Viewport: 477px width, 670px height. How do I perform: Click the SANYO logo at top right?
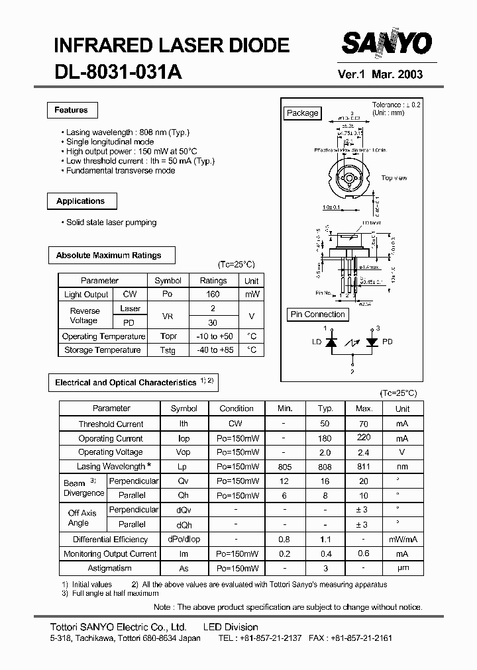tap(386, 44)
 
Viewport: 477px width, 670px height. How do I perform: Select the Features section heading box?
tap(72, 110)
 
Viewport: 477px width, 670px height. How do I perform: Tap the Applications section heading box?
tap(81, 201)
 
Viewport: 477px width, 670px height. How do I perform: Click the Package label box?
tap(302, 113)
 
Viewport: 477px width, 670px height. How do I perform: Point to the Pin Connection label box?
tap(318, 314)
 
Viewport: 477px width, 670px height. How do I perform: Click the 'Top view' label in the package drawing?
tap(394, 178)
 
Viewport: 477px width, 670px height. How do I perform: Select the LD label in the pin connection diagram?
tap(317, 342)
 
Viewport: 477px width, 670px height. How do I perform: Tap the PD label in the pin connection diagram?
tap(388, 342)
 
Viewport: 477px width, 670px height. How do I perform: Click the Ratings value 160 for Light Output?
tap(213, 295)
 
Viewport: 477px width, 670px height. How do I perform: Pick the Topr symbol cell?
tap(168, 336)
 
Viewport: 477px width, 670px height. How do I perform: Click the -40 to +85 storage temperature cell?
tap(213, 350)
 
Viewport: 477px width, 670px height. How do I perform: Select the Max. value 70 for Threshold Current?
tap(364, 424)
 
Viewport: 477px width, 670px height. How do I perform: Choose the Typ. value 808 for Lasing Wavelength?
tap(325, 467)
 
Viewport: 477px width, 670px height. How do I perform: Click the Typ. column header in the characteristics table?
tap(325, 409)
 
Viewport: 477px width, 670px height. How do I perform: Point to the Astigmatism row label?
tap(110, 568)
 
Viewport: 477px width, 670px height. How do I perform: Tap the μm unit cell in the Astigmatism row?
tap(402, 568)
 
